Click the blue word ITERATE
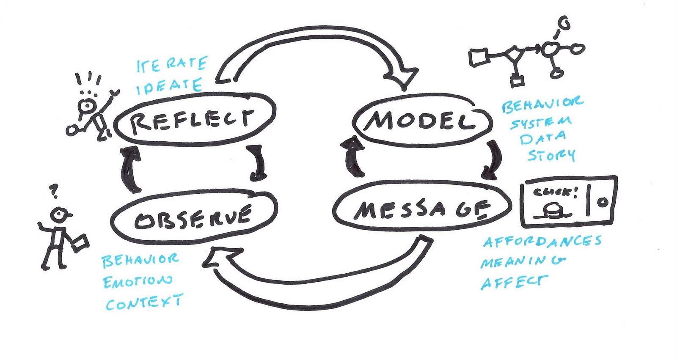click(172, 64)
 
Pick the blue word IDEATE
click(169, 86)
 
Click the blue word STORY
click(551, 155)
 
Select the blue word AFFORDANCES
click(542, 242)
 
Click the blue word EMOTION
click(138, 282)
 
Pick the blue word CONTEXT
click(144, 302)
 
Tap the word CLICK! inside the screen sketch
click(556, 192)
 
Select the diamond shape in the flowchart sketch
click(514, 55)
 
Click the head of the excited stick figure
click(87, 105)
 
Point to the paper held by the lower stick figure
click(80, 243)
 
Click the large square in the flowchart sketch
click(479, 57)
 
